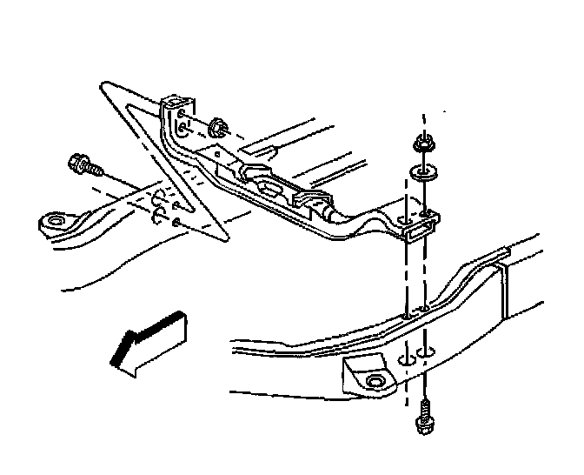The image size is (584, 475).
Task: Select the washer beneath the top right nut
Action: coord(424,171)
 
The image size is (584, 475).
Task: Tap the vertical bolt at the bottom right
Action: coord(424,416)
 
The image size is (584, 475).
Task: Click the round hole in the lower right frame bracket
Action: coord(375,383)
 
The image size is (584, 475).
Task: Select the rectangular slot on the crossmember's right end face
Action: coord(415,231)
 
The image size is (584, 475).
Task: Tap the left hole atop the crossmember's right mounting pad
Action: coord(405,219)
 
